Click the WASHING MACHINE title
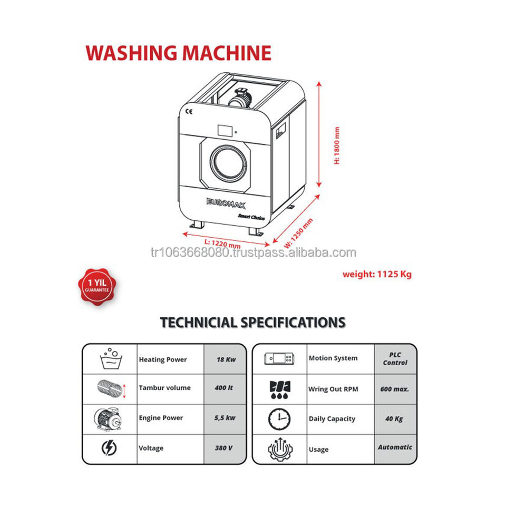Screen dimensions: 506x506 pyautogui.click(x=178, y=53)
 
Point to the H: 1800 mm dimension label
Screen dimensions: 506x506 pyautogui.click(x=337, y=146)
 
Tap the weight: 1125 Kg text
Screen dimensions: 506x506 pyautogui.click(x=377, y=274)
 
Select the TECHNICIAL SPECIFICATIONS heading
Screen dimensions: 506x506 pyautogui.click(x=252, y=322)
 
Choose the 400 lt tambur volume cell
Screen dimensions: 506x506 pyautogui.click(x=225, y=388)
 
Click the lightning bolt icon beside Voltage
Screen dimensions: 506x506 pyautogui.click(x=109, y=449)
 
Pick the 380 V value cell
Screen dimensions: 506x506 pyautogui.click(x=225, y=448)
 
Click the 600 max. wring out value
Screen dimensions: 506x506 pyautogui.click(x=395, y=389)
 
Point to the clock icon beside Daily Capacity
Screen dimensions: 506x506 pyautogui.click(x=279, y=419)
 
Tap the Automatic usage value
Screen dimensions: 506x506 pyautogui.click(x=395, y=447)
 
